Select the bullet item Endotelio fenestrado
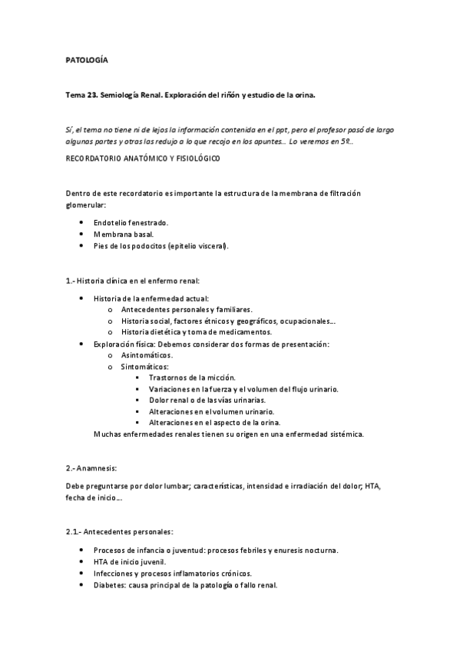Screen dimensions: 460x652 131,222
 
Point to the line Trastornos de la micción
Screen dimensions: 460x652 192,378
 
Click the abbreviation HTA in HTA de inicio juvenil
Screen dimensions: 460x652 101,562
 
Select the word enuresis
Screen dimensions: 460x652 284,551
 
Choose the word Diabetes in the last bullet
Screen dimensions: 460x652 110,584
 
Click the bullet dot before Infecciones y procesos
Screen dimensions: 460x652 81,574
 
